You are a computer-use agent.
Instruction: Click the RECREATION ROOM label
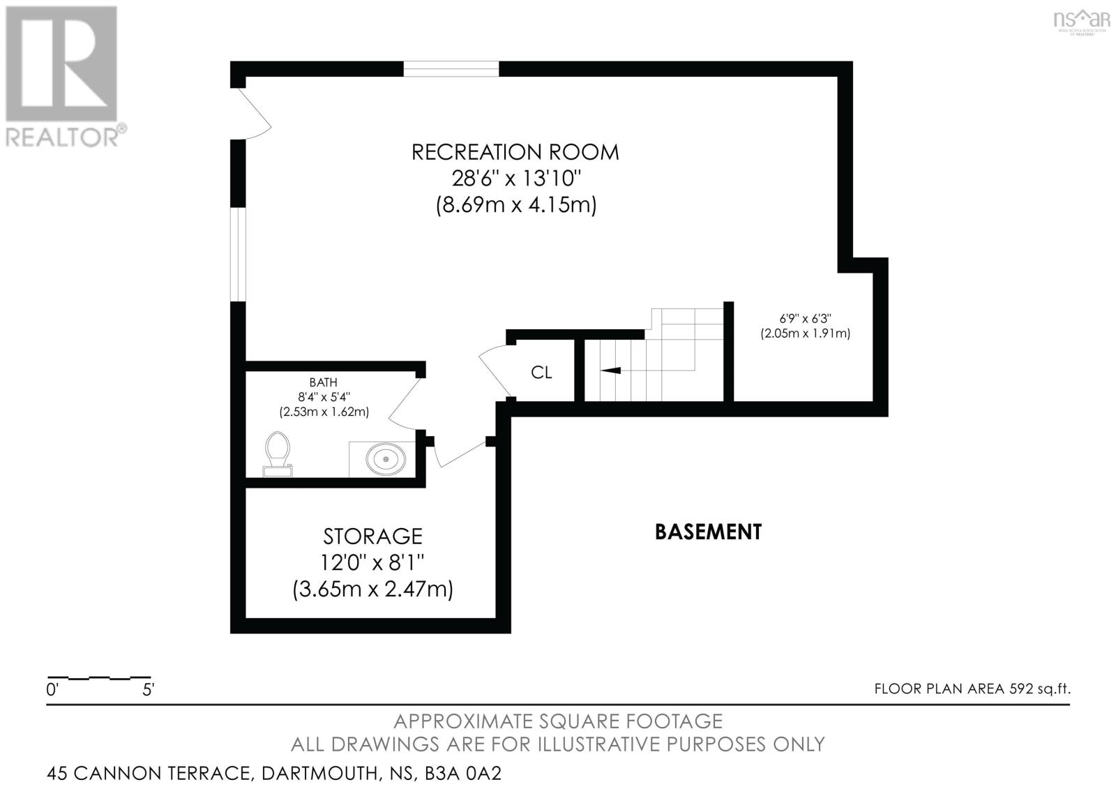(515, 152)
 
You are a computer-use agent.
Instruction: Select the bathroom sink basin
(386, 459)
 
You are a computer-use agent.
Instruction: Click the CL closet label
(541, 373)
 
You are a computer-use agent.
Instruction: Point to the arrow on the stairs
(611, 370)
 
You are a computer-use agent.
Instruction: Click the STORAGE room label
(372, 536)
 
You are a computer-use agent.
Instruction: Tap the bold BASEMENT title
(708, 532)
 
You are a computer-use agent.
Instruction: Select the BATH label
(323, 382)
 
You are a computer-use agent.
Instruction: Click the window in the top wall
(451, 69)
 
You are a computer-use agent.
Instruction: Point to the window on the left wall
(239, 255)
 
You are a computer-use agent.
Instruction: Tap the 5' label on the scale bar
(148, 691)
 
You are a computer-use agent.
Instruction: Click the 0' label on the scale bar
(52, 691)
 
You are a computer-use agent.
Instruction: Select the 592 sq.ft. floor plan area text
(1039, 689)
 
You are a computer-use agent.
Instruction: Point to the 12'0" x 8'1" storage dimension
(372, 562)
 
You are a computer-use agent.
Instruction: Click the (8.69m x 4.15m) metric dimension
(516, 206)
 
